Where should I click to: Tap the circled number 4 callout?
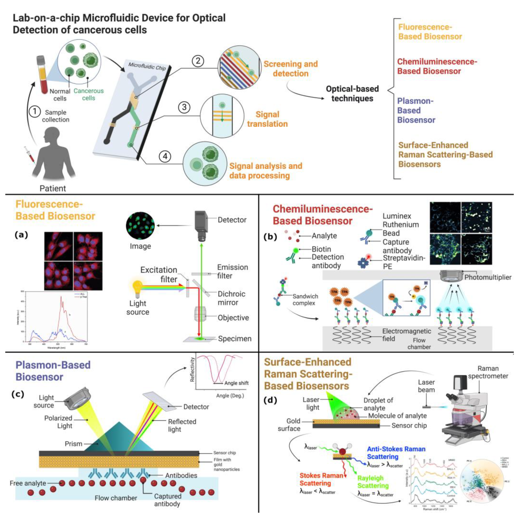click(165, 156)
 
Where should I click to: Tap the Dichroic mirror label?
click(231, 298)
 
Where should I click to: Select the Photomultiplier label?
click(488, 277)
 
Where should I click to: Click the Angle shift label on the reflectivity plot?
click(236, 383)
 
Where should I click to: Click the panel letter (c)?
click(18, 394)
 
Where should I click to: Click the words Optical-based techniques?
click(352, 93)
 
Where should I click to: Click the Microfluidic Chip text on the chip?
click(147, 66)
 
